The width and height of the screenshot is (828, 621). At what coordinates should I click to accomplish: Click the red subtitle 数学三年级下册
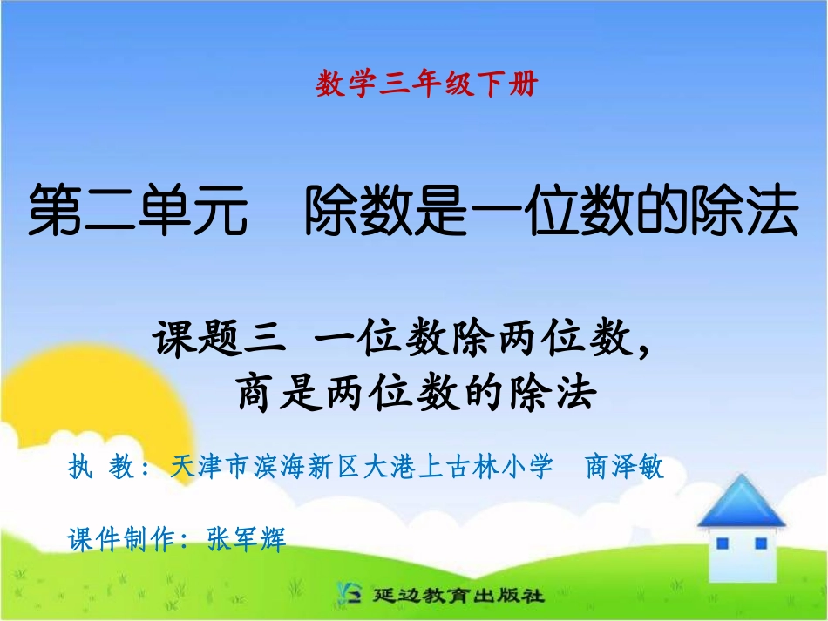coord(426,84)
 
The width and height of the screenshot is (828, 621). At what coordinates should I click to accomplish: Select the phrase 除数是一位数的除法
coord(551,215)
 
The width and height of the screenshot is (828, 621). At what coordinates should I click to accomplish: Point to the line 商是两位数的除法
coord(417,393)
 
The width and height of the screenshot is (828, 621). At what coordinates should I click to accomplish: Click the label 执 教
coord(98,468)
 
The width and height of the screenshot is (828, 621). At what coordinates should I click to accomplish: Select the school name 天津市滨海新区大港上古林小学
coord(363,468)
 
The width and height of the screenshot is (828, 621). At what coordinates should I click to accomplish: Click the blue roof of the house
coord(741,502)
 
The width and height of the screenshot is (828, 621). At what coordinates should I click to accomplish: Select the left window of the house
coord(722,543)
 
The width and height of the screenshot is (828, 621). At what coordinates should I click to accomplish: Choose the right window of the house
coord(760,543)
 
